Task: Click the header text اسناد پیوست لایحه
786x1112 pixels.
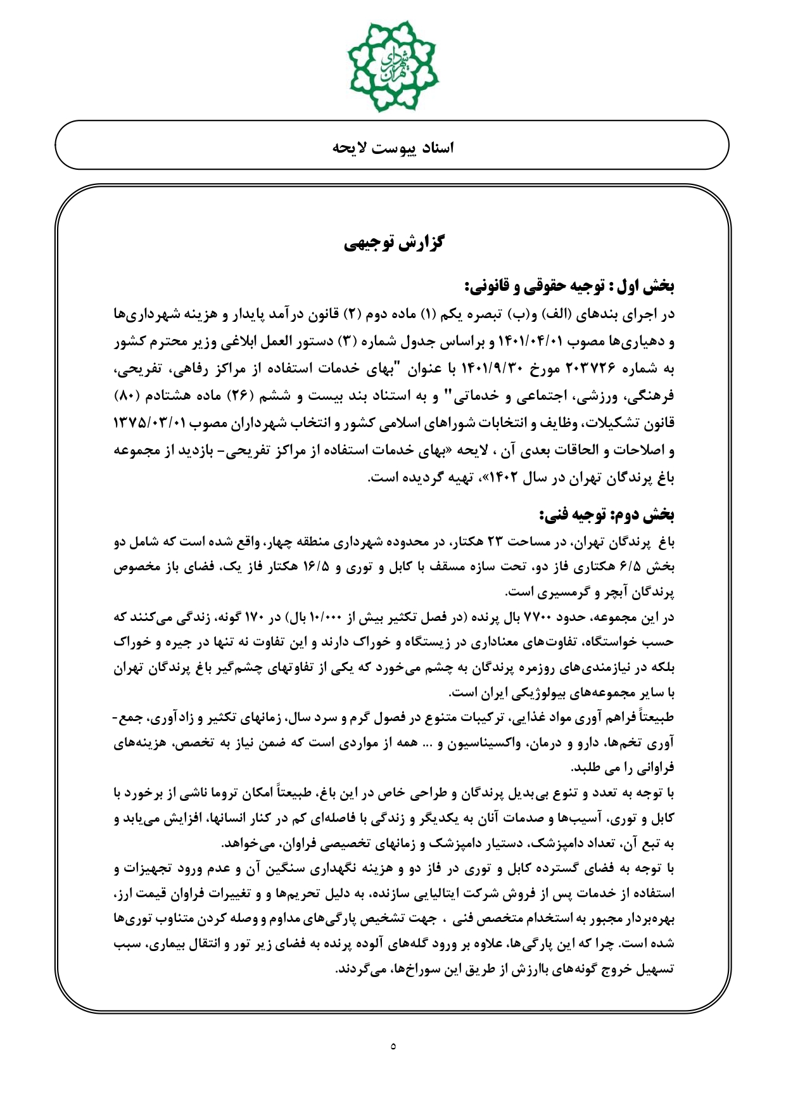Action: click(393, 148)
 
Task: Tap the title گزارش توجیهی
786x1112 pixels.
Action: click(393, 243)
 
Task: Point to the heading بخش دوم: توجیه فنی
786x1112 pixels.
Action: click(606, 516)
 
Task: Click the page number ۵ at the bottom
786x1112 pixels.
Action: click(393, 1046)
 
